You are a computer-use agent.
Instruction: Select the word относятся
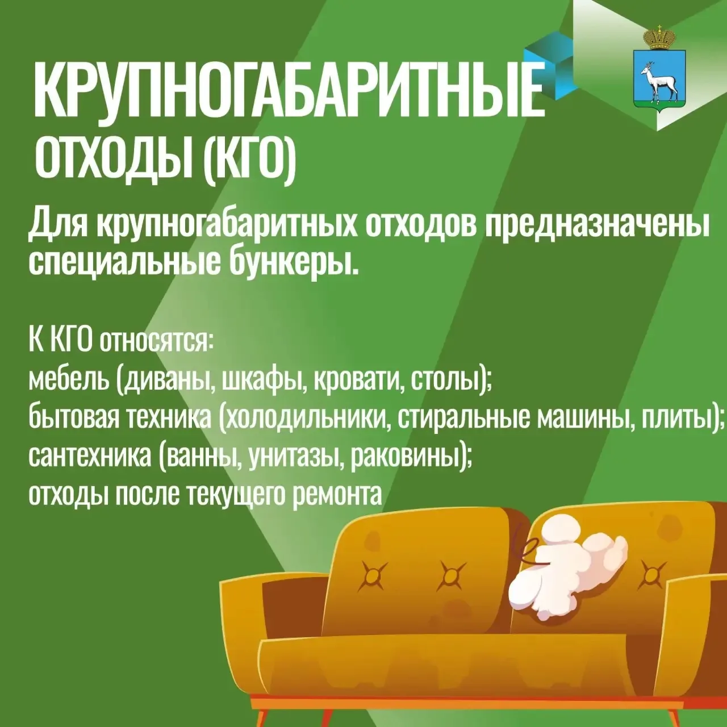pos(156,341)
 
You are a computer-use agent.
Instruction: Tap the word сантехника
pos(89,457)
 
